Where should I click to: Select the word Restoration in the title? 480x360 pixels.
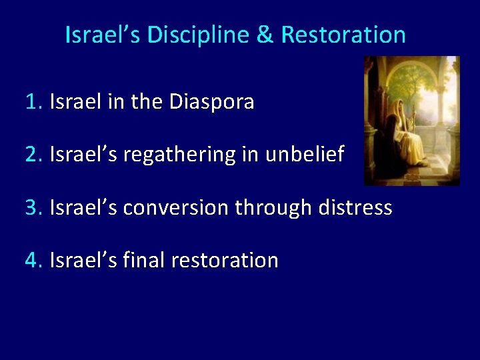pos(343,35)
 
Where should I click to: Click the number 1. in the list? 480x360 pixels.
pos(34,103)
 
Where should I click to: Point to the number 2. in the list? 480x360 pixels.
pos(34,155)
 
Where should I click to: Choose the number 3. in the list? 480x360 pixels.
pos(34,208)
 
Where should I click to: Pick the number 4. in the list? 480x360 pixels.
pos(34,261)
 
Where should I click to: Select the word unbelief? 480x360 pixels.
pos(305,155)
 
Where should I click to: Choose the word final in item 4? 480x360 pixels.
pos(143,261)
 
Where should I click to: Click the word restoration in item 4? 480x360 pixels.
pos(224,261)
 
